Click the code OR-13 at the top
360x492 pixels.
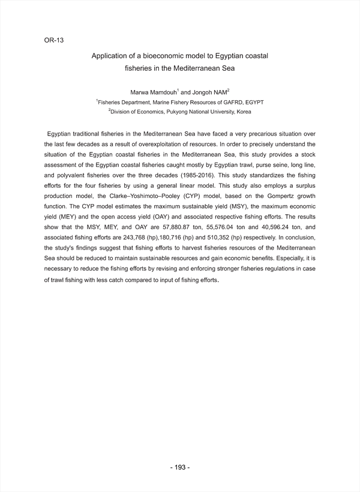pos(54,40)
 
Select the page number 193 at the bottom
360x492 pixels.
pos(180,467)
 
